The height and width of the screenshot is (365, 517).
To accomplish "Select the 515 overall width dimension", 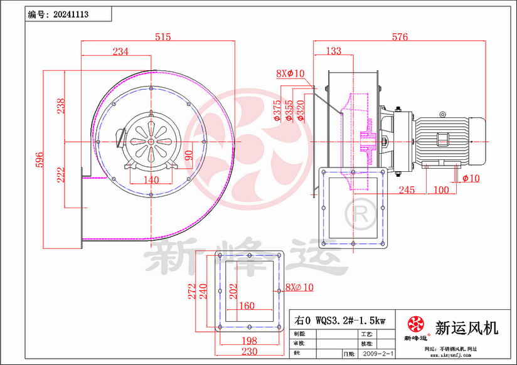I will click(163, 37).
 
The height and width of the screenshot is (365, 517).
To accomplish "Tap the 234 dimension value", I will click(120, 52).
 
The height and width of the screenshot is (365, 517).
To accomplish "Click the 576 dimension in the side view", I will click(400, 37).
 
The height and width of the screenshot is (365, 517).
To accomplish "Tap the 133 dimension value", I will click(334, 51).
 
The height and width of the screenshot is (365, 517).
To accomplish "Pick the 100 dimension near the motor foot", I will click(441, 189).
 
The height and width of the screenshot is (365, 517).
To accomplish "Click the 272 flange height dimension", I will click(192, 290).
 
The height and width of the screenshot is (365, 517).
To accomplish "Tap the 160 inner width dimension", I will click(247, 306).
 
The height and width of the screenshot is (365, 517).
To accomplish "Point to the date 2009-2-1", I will click(377, 354).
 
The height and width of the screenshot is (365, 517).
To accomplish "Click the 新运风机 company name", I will click(466, 327).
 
